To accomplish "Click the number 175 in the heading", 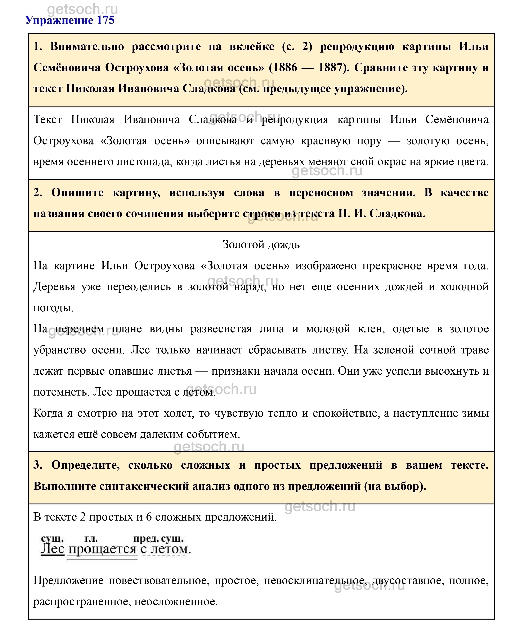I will (106, 20).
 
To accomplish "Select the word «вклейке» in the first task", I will (252, 47).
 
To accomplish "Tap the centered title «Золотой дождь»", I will (261, 245).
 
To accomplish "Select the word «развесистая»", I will (221, 329).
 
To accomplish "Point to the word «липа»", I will (272, 329).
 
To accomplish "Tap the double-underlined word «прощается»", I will (102, 550).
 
